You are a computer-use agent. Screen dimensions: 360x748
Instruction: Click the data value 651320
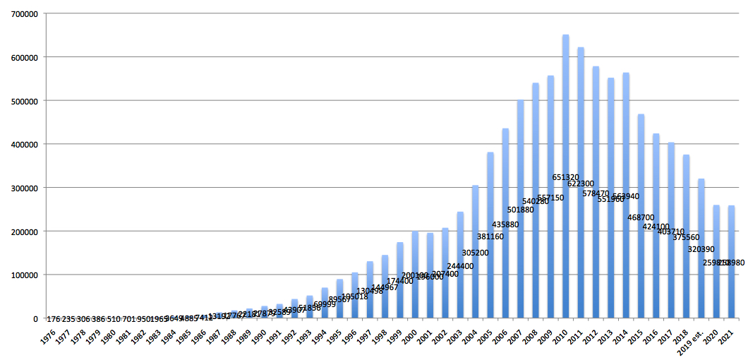point(566,177)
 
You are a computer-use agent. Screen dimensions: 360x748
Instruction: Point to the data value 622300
point(581,184)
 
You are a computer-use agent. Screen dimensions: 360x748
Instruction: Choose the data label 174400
point(399,281)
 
